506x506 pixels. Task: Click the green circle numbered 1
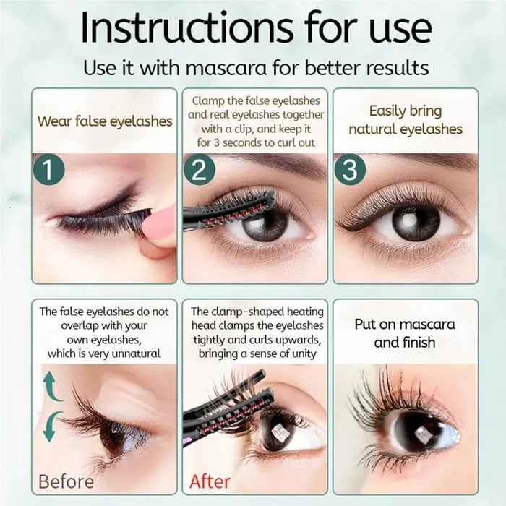48,169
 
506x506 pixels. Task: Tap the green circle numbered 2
200,169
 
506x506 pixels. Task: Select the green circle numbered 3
350,169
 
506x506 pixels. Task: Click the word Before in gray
67,482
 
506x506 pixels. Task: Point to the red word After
210,482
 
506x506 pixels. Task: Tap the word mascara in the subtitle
226,68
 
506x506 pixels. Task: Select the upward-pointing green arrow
51,387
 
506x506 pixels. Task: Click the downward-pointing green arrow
51,426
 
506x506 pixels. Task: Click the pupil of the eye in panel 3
416,220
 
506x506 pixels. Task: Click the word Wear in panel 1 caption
54,121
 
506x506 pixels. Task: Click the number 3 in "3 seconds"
217,142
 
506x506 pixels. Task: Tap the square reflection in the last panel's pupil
422,432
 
